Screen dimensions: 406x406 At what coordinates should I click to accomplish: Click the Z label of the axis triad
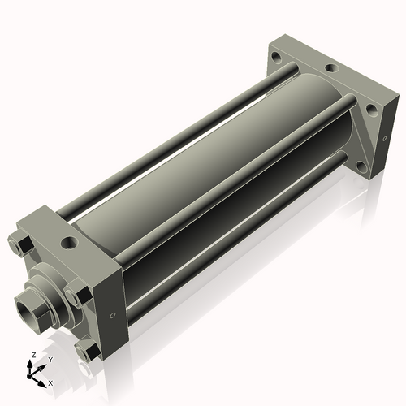(x=34, y=355)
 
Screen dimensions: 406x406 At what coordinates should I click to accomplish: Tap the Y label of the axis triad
(x=50, y=360)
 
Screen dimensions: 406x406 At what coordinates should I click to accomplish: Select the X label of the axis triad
(x=50, y=383)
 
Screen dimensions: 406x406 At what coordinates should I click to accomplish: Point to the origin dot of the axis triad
(x=29, y=376)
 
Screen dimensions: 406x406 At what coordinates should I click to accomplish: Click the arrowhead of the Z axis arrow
(x=29, y=364)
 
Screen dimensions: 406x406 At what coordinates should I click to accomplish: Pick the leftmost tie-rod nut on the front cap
(x=21, y=245)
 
